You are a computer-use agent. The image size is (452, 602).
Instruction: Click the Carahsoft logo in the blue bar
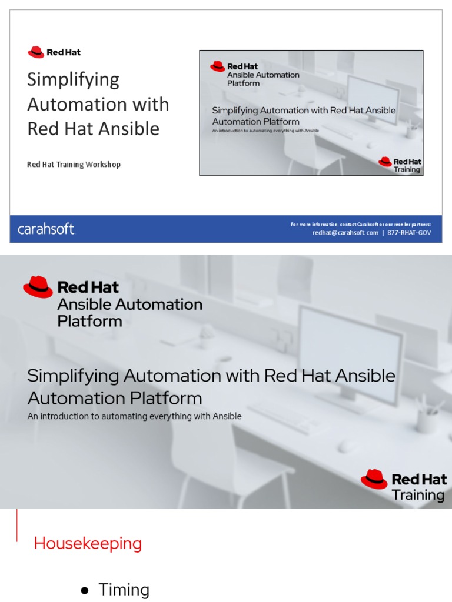click(x=46, y=229)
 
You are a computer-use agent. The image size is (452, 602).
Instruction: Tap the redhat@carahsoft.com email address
click(x=345, y=233)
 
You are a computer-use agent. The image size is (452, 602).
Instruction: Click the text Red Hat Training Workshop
click(x=74, y=165)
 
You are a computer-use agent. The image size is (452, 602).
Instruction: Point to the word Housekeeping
click(x=88, y=544)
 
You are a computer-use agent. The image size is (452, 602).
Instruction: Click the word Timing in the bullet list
click(x=124, y=590)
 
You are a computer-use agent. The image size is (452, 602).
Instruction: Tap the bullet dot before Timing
click(x=85, y=590)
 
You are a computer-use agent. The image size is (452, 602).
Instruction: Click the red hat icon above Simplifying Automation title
click(x=36, y=52)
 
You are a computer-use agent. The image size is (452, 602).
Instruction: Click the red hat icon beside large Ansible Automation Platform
click(x=38, y=287)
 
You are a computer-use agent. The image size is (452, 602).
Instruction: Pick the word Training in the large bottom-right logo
click(x=418, y=495)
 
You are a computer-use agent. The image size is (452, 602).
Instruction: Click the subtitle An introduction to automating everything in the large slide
click(x=134, y=416)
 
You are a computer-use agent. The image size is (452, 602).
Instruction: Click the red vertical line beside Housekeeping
click(x=17, y=525)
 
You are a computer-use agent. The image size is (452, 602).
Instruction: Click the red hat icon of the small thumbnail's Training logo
click(x=385, y=162)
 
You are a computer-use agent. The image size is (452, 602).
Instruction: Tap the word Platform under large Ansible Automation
click(x=89, y=322)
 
